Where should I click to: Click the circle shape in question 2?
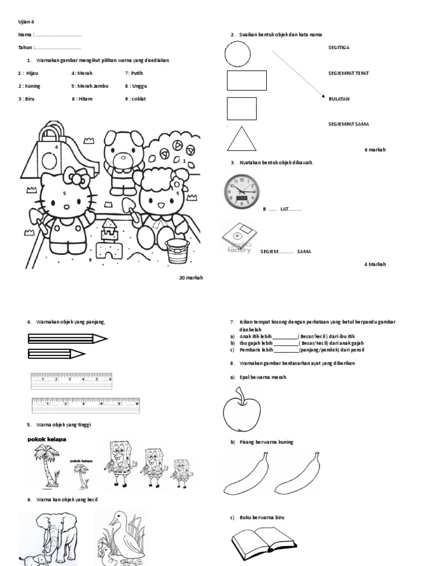click(238, 54)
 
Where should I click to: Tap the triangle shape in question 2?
click(241, 139)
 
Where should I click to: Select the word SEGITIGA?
click(339, 48)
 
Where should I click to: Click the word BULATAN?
click(339, 98)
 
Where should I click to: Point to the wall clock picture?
click(241, 191)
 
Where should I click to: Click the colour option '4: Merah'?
click(82, 73)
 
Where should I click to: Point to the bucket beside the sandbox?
click(178, 251)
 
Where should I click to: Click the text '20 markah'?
click(191, 277)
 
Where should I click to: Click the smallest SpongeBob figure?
click(180, 474)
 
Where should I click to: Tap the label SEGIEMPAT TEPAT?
click(349, 73)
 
